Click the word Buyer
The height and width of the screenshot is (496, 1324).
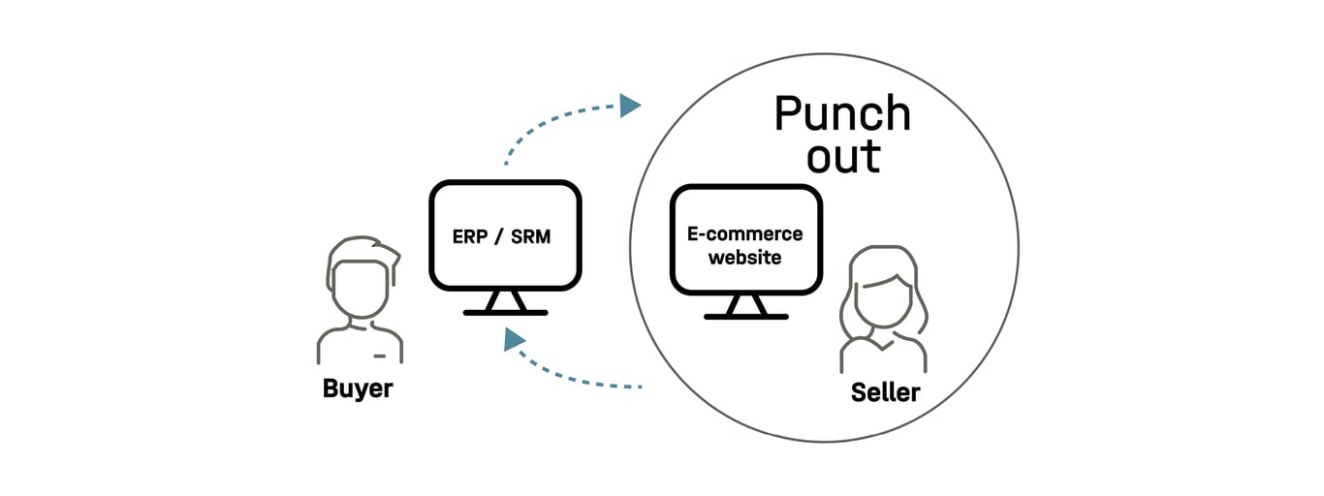[358, 388]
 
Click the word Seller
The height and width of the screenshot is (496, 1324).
[885, 392]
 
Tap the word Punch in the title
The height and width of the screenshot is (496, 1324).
[842, 114]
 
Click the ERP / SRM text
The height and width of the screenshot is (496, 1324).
[501, 235]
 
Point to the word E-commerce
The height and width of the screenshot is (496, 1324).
[744, 233]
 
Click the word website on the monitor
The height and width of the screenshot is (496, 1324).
[744, 258]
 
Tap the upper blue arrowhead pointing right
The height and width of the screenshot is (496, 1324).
[630, 105]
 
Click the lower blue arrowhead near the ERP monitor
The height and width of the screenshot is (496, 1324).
[513, 339]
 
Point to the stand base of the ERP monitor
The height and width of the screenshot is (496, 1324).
[505, 312]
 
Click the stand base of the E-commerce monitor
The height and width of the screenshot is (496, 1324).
[745, 316]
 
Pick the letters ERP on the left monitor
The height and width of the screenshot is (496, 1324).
[469, 235]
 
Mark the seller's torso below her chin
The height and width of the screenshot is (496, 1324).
[882, 354]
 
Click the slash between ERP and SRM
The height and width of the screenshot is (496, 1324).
[498, 235]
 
